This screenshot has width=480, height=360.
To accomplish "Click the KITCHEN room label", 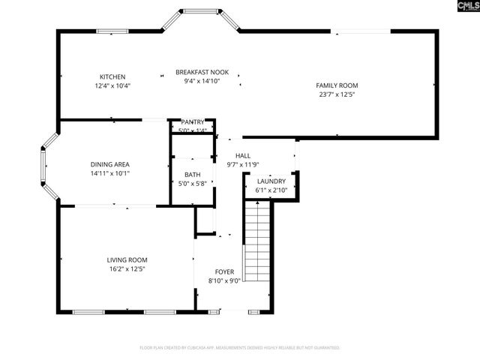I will pos(112,76).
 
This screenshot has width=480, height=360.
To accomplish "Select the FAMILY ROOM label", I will pos(337,85).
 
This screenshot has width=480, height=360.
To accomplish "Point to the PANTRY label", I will pos(192,122).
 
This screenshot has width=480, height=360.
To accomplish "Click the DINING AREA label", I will pos(110,163).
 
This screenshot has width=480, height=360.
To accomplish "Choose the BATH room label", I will pos(192,175).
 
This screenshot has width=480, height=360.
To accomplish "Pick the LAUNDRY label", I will pos(271,181).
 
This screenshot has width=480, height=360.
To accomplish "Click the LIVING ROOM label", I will pos(126,259).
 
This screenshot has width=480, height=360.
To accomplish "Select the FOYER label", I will pos(224,271).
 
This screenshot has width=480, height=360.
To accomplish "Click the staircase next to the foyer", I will pos(258,240).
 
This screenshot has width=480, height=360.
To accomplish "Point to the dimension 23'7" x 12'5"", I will pos(336,95).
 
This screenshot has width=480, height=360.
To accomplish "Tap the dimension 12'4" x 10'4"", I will pos(112,86).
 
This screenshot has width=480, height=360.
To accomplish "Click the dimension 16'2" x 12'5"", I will pos(126,268).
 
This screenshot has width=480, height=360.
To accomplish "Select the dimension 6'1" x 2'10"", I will pos(271,190).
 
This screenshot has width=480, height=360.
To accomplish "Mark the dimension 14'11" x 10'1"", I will pos(110,172).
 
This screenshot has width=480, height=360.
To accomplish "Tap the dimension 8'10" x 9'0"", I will pos(224,281).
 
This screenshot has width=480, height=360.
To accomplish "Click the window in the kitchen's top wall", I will pos(110,31).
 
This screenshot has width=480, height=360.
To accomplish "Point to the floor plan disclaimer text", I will pos(240,348).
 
